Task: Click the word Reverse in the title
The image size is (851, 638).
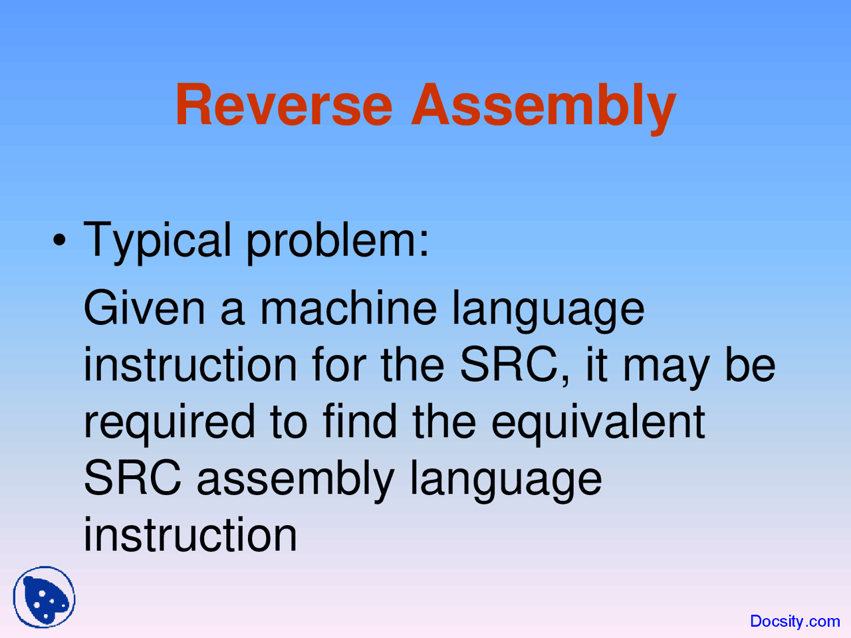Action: click(x=284, y=105)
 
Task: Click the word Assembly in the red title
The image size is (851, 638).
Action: click(x=543, y=106)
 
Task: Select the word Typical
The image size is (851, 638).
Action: click(x=158, y=241)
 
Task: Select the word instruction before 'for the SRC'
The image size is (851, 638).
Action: click(x=190, y=365)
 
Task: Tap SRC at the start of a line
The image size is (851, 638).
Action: click(x=132, y=478)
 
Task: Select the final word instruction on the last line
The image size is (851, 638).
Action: click(x=190, y=535)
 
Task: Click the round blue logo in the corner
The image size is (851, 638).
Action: click(x=44, y=597)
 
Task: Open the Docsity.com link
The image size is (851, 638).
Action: click(x=794, y=621)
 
